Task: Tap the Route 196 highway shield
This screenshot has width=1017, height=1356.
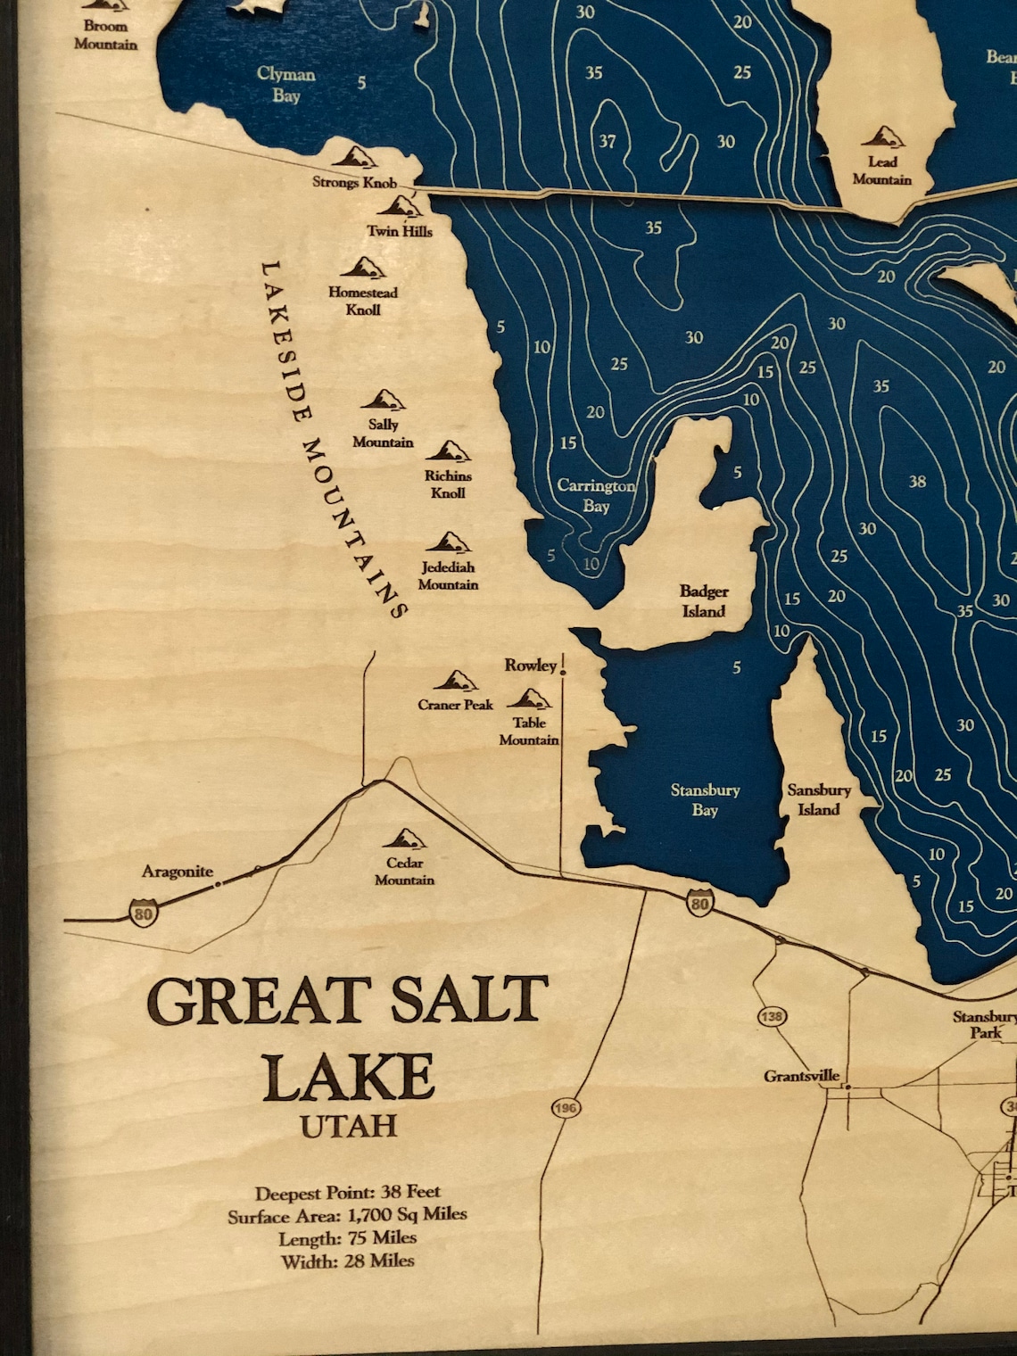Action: click(566, 1108)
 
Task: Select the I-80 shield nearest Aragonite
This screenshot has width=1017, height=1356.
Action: click(143, 913)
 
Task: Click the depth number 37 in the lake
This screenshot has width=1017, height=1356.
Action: click(607, 142)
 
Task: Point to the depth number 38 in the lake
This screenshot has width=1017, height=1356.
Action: click(917, 482)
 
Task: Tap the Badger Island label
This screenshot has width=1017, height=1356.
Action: click(704, 601)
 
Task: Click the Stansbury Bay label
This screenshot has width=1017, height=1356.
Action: click(705, 799)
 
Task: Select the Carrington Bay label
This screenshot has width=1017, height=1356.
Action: click(596, 496)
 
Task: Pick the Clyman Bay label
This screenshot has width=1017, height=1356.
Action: click(285, 84)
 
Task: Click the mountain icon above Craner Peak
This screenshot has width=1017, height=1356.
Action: click(455, 682)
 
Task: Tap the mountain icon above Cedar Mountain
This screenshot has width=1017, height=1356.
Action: click(404, 839)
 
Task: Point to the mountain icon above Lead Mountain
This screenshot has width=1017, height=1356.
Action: click(883, 137)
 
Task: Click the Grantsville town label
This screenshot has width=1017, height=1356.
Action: click(801, 1076)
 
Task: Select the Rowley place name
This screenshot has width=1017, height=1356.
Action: click(530, 665)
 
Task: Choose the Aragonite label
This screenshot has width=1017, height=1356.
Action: click(177, 872)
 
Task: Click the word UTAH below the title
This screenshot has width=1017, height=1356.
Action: click(348, 1126)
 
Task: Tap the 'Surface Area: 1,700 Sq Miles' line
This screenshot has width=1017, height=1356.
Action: click(347, 1215)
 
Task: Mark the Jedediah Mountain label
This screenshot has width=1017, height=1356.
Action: click(448, 575)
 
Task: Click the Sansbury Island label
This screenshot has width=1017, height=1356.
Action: click(818, 799)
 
